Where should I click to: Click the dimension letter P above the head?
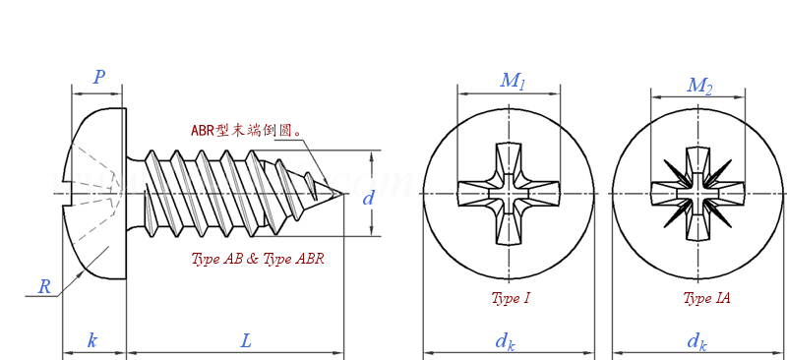[98, 78]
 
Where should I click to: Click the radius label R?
[44, 286]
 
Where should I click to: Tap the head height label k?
[92, 341]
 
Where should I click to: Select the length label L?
[246, 341]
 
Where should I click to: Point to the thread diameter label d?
[369, 198]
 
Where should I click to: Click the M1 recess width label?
[512, 81]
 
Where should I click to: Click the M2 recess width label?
[698, 86]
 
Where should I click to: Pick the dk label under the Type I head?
[505, 341]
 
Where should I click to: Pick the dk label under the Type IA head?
[696, 341]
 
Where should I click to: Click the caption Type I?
[511, 298]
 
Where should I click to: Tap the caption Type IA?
[706, 298]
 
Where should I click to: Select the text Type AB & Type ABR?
[257, 260]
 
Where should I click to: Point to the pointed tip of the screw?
[341, 194]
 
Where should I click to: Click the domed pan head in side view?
[93, 194]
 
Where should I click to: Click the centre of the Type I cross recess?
[509, 194]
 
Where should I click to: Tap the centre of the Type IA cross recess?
[697, 194]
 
